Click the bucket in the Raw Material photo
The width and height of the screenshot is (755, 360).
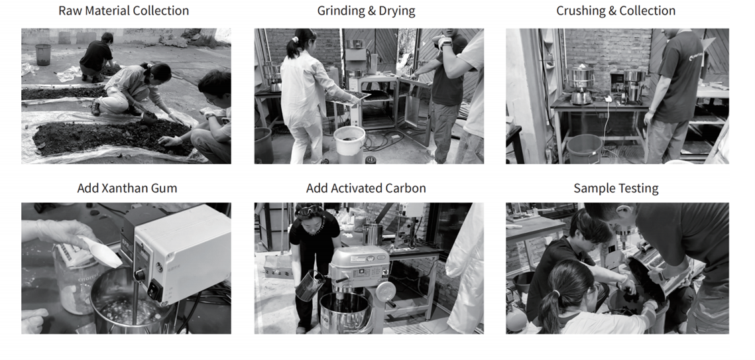pos(43,54)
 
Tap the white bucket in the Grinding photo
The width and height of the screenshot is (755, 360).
pos(349,141)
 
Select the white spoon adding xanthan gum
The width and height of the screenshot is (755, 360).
pos(103,252)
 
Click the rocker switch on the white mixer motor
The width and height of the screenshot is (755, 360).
pos(154,290)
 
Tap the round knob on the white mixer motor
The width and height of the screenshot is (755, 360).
pos(140,275)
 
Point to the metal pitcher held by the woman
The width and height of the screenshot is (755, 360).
pos(309,285)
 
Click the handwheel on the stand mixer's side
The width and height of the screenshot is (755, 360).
pos(385,292)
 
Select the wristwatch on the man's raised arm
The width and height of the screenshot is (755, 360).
pos(443,43)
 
